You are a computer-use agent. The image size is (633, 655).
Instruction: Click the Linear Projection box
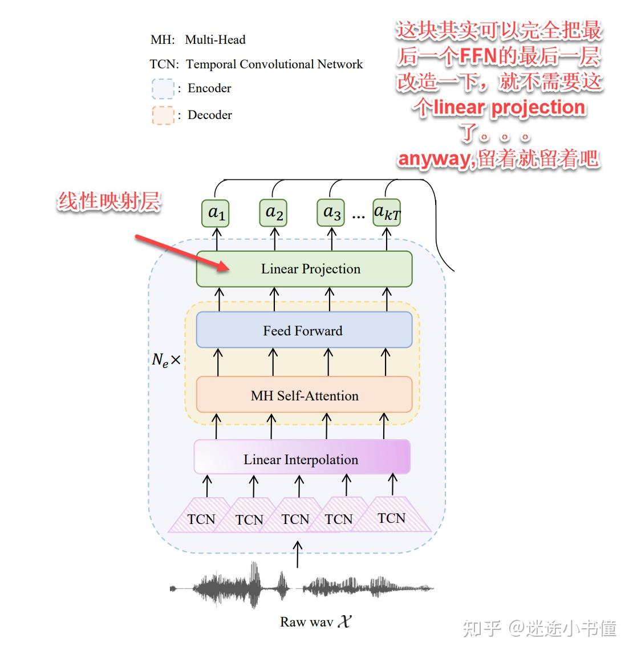click(x=304, y=269)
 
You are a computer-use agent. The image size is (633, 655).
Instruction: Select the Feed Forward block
click(x=304, y=330)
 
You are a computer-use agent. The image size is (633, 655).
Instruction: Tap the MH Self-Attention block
click(x=304, y=395)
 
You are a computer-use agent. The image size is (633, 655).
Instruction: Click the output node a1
click(x=216, y=213)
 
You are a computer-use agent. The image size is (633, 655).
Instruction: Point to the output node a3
click(x=331, y=213)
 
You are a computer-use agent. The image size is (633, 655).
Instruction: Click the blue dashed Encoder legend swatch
click(x=163, y=89)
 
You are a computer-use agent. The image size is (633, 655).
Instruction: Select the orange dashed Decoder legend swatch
click(x=163, y=115)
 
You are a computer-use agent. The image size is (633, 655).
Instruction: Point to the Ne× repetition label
click(x=166, y=360)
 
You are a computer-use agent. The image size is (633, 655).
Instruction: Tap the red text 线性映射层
click(x=108, y=202)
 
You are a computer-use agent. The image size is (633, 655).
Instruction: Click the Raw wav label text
click(x=307, y=622)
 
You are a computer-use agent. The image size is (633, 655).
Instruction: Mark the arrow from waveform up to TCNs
click(x=297, y=554)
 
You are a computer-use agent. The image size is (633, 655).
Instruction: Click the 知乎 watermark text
click(x=482, y=628)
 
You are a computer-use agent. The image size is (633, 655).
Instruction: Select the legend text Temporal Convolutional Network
click(x=274, y=64)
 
